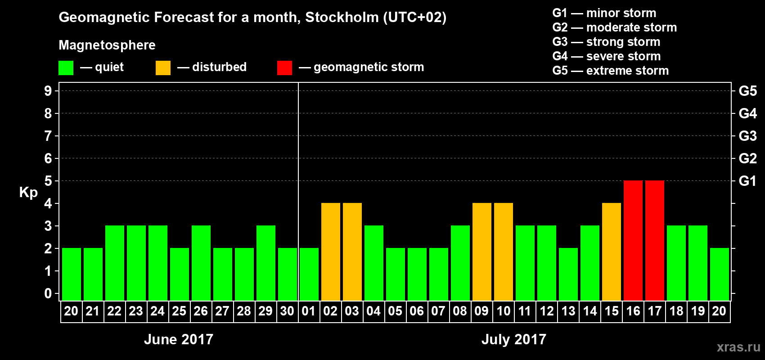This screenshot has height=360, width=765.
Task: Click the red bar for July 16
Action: click(633, 241)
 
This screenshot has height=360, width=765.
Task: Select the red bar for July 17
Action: click(655, 241)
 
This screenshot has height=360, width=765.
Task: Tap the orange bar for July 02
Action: click(331, 252)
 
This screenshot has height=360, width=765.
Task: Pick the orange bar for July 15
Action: click(612, 252)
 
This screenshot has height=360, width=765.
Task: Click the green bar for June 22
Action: click(115, 263)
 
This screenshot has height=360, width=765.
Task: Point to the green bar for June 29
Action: click(266, 263)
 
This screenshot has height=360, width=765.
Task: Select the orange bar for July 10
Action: click(504, 252)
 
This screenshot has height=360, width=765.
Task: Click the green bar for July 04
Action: click(374, 263)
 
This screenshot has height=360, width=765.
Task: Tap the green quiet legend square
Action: click(66, 68)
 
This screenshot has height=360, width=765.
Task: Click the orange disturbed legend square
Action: click(163, 68)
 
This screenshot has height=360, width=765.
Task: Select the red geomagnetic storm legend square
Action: click(285, 68)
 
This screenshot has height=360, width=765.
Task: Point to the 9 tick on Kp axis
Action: click(48, 91)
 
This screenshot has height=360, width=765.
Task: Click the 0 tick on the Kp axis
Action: click(48, 294)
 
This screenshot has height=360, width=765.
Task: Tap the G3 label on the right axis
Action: click(747, 136)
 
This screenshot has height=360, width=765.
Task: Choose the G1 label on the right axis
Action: click(747, 181)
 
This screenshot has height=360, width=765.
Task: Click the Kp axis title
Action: click(28, 193)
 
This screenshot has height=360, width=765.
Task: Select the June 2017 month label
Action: click(179, 339)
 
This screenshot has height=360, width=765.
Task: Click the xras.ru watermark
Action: click(738, 347)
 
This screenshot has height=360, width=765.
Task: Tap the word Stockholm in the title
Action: click(342, 18)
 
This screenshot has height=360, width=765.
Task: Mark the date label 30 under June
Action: click(287, 311)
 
